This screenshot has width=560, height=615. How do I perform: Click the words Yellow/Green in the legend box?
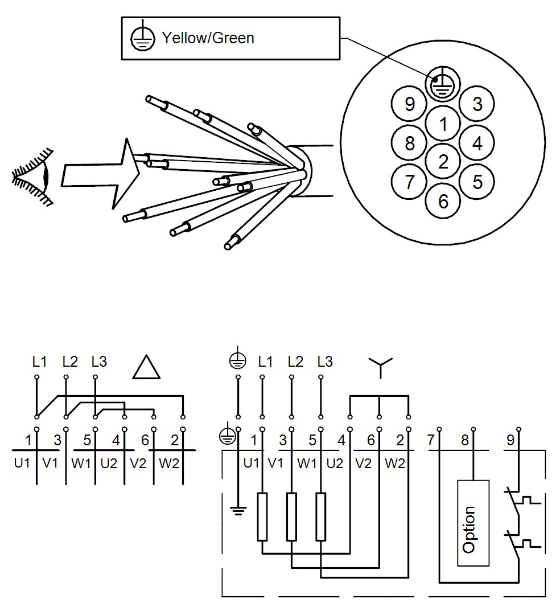[x=208, y=38]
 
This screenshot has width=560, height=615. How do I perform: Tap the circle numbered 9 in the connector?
[x=409, y=104]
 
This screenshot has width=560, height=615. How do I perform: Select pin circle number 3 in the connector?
[x=477, y=104]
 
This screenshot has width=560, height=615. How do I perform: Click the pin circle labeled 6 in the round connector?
[x=443, y=200]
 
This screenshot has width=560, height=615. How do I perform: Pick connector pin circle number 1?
[x=443, y=124]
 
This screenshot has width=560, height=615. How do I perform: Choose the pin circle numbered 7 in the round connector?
[x=409, y=182]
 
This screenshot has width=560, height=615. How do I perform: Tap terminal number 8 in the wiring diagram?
[x=465, y=440]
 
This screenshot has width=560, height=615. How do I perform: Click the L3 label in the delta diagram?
[x=99, y=361]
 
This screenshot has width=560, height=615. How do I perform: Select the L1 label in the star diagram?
[x=265, y=361]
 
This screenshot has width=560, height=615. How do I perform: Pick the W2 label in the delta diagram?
[x=169, y=463]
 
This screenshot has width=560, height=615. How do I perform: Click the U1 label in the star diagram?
[x=251, y=463]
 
